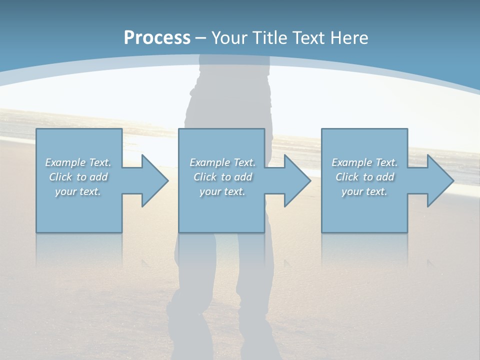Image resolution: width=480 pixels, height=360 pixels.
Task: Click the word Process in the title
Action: tap(157, 38)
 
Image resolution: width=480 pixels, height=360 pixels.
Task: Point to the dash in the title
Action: tap(201, 38)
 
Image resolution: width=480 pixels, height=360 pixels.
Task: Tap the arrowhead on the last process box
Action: tap(439, 180)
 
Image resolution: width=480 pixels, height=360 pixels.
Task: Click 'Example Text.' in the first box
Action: tap(78, 162)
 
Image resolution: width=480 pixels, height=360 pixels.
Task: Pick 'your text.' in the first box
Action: tap(78, 191)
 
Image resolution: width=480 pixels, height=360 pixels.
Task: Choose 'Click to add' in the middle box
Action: tap(222, 177)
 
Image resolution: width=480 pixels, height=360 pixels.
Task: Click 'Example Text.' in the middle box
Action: tap(222, 162)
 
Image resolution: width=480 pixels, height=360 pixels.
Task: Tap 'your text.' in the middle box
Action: tap(222, 191)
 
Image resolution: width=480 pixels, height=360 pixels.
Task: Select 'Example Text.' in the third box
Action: tap(364, 162)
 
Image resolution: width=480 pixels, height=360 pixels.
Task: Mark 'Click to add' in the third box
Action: tap(364, 177)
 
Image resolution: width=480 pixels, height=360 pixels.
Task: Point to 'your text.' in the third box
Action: tap(364, 191)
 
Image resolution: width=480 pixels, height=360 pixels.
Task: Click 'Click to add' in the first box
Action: tap(78, 177)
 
